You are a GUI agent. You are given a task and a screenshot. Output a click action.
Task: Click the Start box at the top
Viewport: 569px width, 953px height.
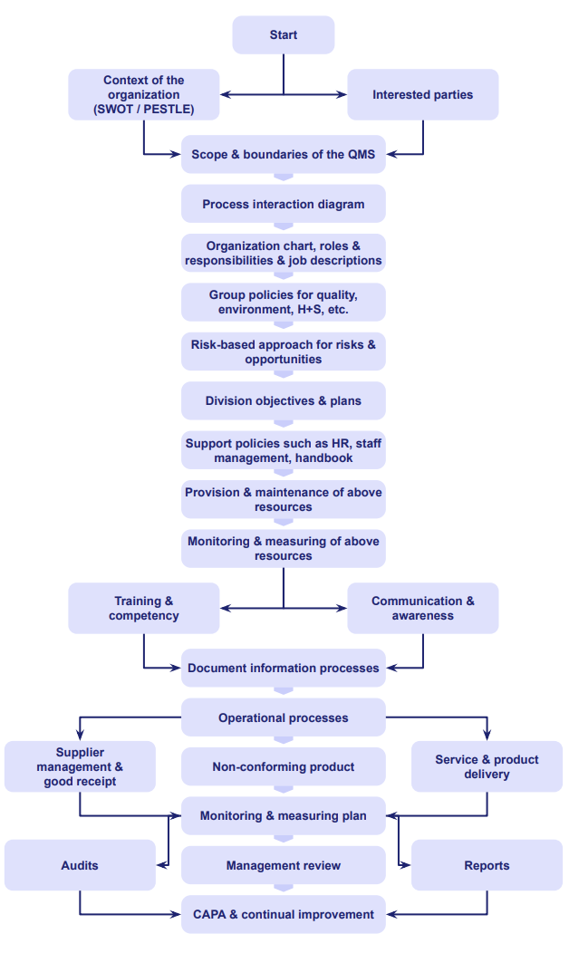click(284, 35)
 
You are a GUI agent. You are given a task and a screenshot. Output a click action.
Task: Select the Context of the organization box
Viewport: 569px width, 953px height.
click(143, 94)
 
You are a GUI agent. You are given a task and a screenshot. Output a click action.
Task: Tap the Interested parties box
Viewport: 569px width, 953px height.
click(422, 94)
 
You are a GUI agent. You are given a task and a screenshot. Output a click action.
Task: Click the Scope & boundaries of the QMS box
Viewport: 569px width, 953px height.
click(284, 154)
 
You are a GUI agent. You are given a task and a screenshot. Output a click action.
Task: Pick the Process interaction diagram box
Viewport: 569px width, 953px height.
click(284, 204)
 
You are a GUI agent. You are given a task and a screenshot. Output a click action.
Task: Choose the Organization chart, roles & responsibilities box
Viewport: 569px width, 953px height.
click(284, 253)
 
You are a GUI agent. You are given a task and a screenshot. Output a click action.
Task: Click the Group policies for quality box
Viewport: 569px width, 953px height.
click(284, 302)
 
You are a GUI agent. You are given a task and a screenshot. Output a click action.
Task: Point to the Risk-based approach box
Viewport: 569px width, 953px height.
click(284, 351)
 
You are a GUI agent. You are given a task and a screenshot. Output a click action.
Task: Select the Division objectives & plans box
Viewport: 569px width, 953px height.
click(284, 400)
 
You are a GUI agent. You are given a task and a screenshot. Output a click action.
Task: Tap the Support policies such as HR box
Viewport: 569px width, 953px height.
click(284, 450)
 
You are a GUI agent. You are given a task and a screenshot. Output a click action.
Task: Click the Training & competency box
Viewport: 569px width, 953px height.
click(143, 608)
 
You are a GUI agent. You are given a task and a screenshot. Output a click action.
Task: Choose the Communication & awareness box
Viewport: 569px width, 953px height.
click(422, 608)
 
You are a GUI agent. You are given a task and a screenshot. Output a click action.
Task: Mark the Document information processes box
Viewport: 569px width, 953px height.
click(284, 668)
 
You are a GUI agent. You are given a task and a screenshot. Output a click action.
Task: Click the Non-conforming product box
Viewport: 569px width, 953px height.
click(284, 766)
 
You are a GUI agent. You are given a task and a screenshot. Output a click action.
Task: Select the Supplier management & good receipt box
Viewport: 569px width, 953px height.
click(80, 766)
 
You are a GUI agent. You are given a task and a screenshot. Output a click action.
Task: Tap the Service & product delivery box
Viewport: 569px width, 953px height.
click(487, 766)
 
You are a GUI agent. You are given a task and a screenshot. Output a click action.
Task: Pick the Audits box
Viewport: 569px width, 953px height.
click(80, 865)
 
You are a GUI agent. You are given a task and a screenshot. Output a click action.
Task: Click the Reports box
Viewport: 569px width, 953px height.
click(487, 865)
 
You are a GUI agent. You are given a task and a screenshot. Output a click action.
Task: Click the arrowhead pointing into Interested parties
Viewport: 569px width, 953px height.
click(342, 94)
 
